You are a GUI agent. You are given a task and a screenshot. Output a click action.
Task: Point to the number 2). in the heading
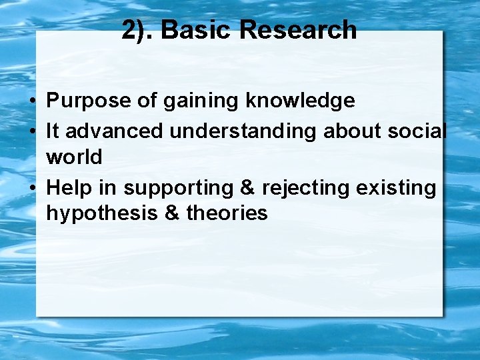pyautogui.click(x=138, y=30)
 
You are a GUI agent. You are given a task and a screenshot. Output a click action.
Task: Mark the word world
pyautogui.click(x=74, y=157)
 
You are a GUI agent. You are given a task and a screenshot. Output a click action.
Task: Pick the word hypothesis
pyautogui.click(x=104, y=214)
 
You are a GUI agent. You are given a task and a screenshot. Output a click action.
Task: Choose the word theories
pyautogui.click(x=227, y=213)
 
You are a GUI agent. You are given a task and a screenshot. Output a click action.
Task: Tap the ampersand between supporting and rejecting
pyautogui.click(x=247, y=189)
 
